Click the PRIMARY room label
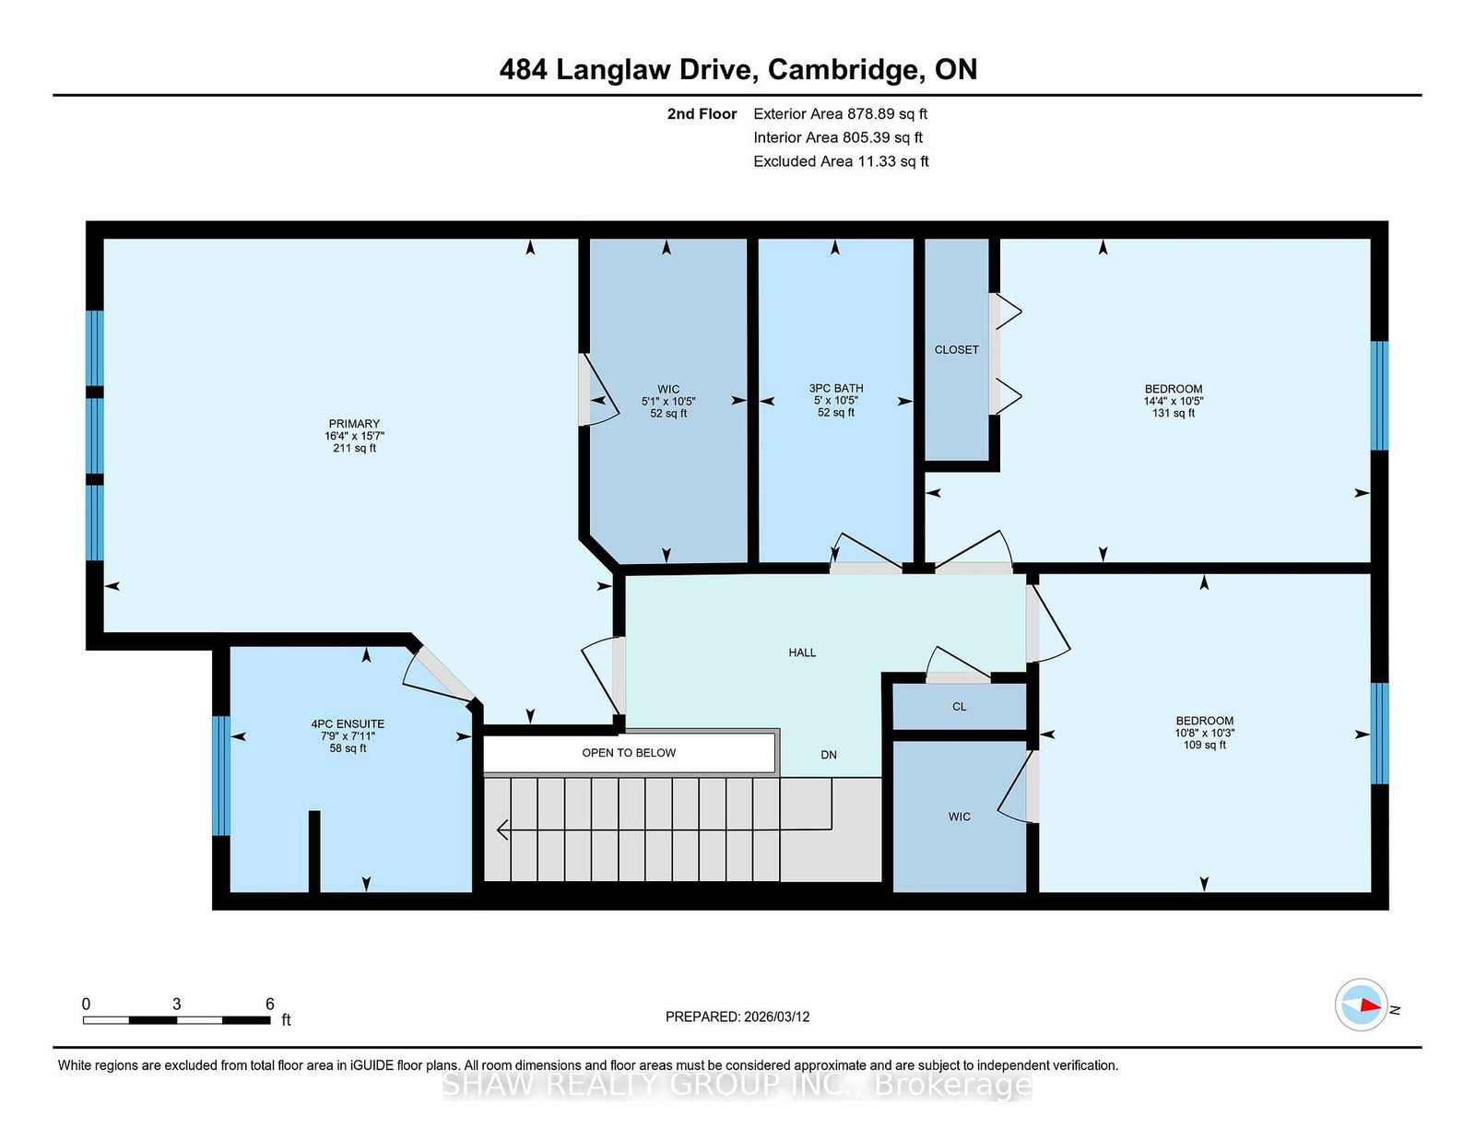point(354,423)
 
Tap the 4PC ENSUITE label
point(348,724)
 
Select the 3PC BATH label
point(835,388)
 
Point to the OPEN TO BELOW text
point(629,753)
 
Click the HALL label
point(802,652)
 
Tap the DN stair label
point(828,755)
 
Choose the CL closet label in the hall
point(959,706)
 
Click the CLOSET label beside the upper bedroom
point(956,349)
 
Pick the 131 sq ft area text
point(1173,413)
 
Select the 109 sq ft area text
point(1204,745)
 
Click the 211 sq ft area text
point(354,448)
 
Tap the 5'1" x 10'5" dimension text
point(668,401)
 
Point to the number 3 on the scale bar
point(176,1004)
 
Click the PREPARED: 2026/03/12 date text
point(737,1017)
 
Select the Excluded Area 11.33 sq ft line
point(841,161)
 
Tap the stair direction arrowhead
point(503,829)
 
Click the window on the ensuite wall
point(220,776)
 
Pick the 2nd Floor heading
point(702,113)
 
